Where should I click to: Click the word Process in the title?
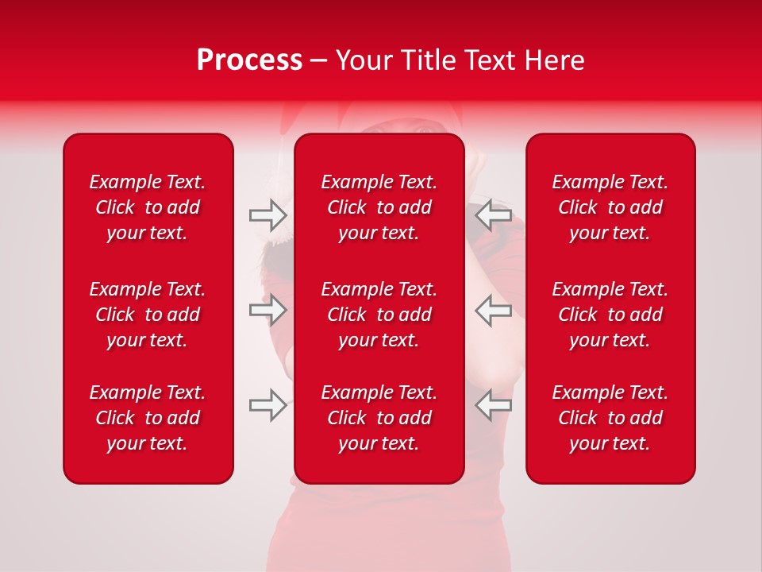(249, 60)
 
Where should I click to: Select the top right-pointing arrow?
(267, 214)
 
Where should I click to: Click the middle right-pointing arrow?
(267, 310)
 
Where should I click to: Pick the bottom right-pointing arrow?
(267, 405)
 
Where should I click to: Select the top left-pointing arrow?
(493, 214)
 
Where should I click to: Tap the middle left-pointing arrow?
(493, 310)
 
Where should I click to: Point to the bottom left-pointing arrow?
(493, 405)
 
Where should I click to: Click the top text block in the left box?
(148, 207)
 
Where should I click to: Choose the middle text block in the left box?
(148, 315)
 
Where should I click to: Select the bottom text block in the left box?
(148, 418)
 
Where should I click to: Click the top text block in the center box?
(379, 207)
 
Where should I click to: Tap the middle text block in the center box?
(379, 315)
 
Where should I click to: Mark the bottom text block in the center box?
(379, 418)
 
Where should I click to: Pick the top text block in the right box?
(610, 207)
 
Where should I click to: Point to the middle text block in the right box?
(610, 315)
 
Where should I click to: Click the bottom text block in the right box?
(610, 418)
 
